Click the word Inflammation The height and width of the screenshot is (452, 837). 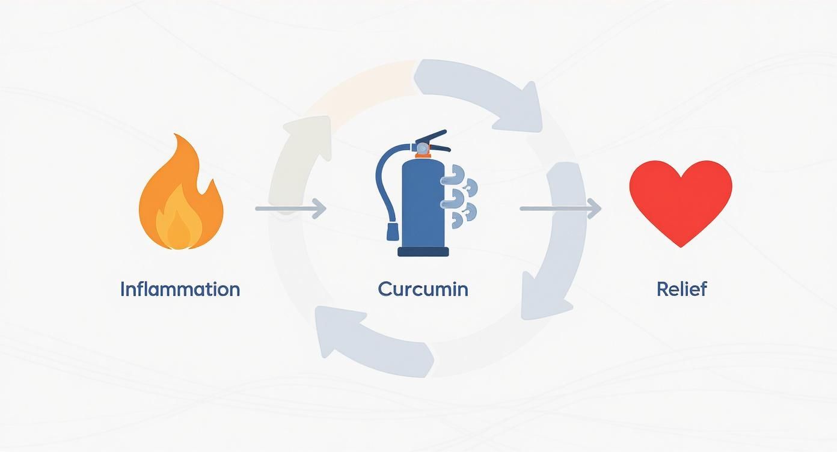click(180, 289)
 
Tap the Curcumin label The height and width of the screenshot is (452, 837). click(423, 289)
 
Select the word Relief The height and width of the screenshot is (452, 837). click(681, 289)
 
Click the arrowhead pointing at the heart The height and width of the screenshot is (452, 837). click(595, 209)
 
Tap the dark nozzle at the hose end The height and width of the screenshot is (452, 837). click(393, 231)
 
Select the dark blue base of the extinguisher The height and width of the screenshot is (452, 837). click(423, 252)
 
